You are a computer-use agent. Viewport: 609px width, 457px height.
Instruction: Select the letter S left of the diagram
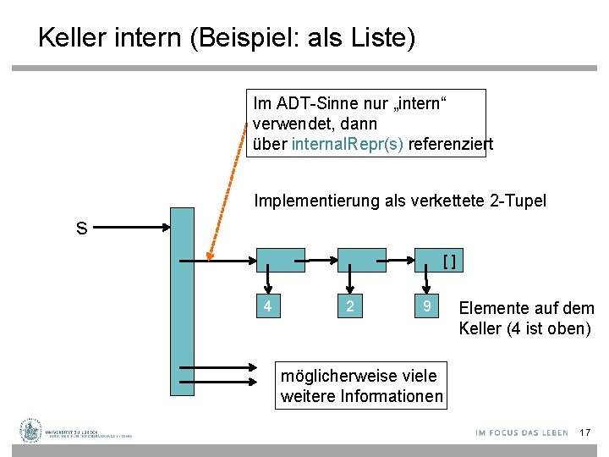click(81, 228)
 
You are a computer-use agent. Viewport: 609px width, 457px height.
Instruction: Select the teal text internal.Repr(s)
click(348, 144)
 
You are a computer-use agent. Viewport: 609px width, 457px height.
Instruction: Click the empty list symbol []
click(450, 261)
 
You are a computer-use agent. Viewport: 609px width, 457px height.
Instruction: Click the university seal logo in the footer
click(31, 431)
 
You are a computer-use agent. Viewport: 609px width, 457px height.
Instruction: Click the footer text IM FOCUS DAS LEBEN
click(522, 432)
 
